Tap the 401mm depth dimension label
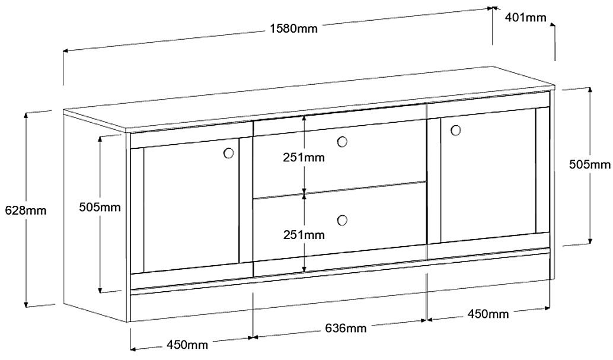(525, 17)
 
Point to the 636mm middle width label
(346, 328)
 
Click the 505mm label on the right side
(589, 165)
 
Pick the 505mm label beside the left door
(100, 208)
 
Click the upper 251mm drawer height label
(304, 158)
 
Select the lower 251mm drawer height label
(304, 235)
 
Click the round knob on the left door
(228, 153)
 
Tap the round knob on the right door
(456, 129)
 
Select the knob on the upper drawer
(341, 142)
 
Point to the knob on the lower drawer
(341, 221)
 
